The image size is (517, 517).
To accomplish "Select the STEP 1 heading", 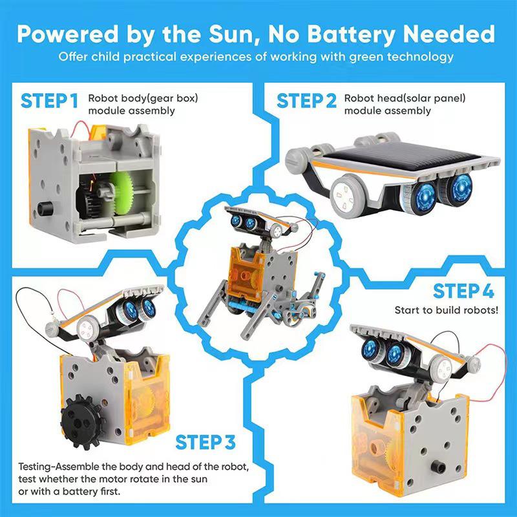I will pos(50,101).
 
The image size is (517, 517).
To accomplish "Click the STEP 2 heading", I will pos(307,101).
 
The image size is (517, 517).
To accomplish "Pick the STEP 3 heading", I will pos(206,443).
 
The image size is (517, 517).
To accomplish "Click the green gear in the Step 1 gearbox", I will pos(123,194).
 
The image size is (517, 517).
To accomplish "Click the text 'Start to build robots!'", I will pos(447,310).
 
